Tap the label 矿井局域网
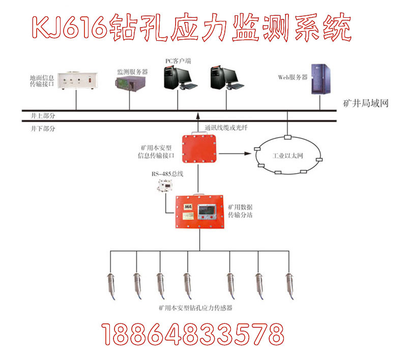pos(366,103)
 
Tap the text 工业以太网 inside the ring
pos(288,155)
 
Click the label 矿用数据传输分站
pos(240,211)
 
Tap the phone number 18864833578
pos(193,334)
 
